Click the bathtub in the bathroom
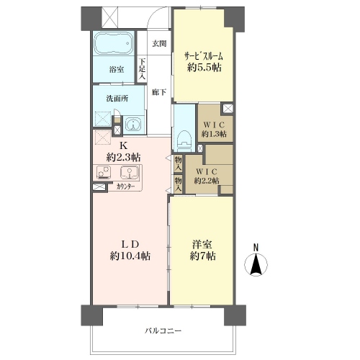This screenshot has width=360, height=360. pos(113,44)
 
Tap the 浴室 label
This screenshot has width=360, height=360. pos(117,70)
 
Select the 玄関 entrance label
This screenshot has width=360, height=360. pos(159,44)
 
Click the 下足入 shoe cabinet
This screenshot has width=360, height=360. pos(142,69)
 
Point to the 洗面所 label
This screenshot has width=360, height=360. pos(117,99)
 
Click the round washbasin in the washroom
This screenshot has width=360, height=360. pos(132,125)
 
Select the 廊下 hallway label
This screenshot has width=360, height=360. pos(159,92)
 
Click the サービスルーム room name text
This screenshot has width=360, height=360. pos(204,56)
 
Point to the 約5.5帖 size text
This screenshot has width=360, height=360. pos(204,68)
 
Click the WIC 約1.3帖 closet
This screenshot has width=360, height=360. pos(215,122)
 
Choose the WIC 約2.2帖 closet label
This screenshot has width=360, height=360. pos(207,176)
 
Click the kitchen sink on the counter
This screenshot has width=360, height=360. pos(130,172)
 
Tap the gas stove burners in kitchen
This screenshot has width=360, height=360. pos(104,172)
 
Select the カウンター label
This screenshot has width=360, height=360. pos(125,186)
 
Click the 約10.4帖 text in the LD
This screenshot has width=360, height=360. pos(130,256)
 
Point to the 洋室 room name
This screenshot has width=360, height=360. pos(202,245)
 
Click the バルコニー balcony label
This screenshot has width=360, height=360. pos(163,331)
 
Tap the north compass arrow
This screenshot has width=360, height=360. pos(256,265)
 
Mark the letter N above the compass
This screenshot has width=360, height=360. pos(256,248)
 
